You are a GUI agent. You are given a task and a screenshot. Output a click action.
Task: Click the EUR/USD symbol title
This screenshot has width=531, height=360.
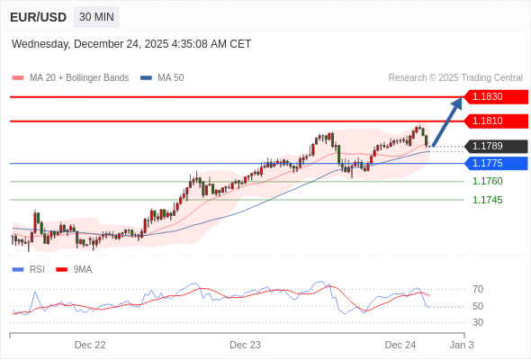[37, 17]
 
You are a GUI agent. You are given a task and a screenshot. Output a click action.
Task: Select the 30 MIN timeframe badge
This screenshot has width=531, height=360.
[96, 17]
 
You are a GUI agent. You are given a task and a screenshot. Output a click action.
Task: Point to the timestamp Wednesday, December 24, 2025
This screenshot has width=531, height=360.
[131, 44]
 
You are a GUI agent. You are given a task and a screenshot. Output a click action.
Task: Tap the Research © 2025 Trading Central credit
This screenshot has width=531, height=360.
[454, 77]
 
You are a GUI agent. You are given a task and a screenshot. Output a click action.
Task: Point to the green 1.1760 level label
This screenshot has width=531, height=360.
[487, 181]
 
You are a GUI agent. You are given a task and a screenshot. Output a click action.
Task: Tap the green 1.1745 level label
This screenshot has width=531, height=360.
[487, 200]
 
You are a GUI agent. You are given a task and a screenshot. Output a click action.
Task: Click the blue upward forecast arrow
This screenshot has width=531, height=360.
[447, 121]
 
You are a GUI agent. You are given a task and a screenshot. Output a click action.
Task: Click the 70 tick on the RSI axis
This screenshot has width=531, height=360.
[478, 289]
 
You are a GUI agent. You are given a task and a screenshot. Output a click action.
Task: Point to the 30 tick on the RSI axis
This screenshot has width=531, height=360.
[478, 322]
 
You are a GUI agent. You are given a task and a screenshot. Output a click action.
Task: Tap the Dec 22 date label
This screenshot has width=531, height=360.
[90, 345]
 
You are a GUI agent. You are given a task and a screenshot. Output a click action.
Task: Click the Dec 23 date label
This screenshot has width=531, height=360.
[245, 345]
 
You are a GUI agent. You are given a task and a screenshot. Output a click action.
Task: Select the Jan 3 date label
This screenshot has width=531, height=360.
[462, 345]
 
